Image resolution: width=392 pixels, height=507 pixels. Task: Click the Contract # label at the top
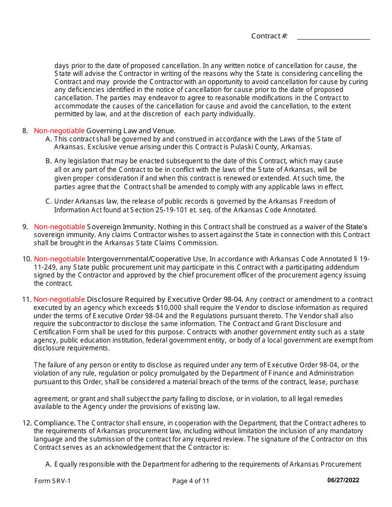pyautogui.click(x=269, y=36)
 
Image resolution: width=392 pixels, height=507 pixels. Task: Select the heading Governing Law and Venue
pyautogui.click(x=131, y=131)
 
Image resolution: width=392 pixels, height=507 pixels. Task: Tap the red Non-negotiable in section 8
pyautogui.click(x=59, y=131)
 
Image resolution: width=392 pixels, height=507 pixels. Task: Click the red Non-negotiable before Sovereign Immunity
pyautogui.click(x=59, y=227)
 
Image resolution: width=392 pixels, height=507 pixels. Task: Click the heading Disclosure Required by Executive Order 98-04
pyautogui.click(x=163, y=299)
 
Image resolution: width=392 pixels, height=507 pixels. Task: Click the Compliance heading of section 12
pyautogui.click(x=54, y=423)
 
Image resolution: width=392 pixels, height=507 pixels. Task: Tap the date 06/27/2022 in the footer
pyautogui.click(x=343, y=480)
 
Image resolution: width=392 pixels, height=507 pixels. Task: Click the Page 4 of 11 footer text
pyautogui.click(x=191, y=481)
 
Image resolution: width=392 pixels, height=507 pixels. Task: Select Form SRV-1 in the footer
pyautogui.click(x=53, y=481)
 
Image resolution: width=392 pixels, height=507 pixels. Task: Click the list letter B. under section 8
pyautogui.click(x=48, y=161)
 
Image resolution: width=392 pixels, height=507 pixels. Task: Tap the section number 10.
pyautogui.click(x=27, y=259)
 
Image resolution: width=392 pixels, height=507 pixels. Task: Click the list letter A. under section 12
pyautogui.click(x=48, y=464)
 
